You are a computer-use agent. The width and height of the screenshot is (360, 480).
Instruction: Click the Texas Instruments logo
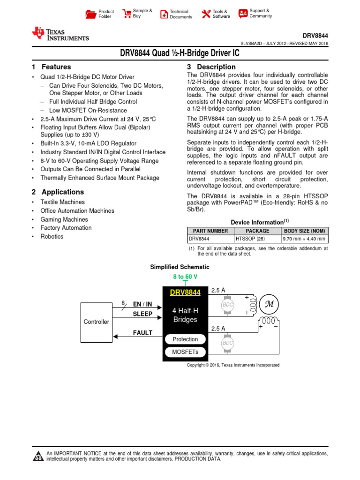pos(60,33)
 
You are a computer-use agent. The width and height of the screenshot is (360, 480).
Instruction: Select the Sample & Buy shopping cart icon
pos(127,14)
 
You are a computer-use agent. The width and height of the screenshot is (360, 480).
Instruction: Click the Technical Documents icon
pos(164,14)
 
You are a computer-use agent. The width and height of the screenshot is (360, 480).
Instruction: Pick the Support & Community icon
pos(243,13)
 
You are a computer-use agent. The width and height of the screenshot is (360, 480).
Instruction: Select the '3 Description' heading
pos(211,67)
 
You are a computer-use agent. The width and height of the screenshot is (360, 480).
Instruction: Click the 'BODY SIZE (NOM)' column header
pos(305,231)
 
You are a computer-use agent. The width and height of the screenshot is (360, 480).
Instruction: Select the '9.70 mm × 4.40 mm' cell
pos(305,239)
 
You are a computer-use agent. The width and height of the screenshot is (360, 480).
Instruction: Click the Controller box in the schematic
pos(96,322)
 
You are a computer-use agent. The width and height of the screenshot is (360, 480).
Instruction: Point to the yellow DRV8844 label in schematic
pos(185,292)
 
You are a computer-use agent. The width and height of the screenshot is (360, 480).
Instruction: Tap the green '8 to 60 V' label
pos(185,277)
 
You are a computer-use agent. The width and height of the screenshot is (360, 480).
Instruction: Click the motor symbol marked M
pos(269,303)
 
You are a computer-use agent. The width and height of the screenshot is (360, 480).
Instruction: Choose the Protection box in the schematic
pos(185,339)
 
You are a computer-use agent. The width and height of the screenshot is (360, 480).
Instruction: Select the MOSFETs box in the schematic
pos(185,352)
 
